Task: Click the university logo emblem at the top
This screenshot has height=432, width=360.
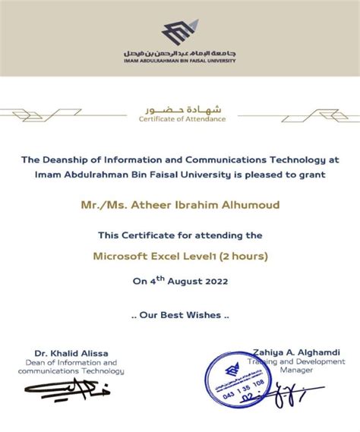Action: [179, 33]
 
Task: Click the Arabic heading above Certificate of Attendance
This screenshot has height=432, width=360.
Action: [182, 108]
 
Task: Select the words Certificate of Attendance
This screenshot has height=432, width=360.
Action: [182, 119]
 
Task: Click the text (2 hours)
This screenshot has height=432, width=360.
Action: [242, 257]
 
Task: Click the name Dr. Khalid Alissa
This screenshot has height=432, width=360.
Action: [71, 353]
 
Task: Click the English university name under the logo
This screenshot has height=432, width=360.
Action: [180, 60]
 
